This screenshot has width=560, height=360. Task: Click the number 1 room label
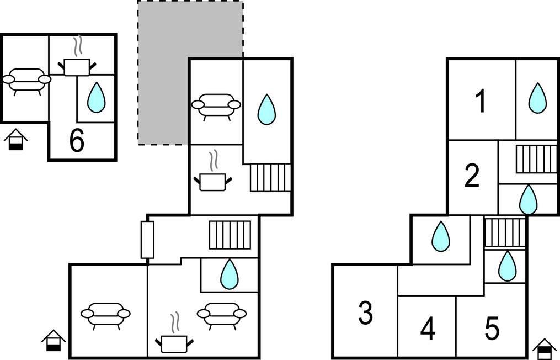tap(481, 102)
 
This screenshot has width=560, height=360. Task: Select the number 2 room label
tap(472, 177)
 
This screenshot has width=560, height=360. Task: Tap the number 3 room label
tap(365, 313)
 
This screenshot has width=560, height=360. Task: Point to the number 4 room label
tap(428, 329)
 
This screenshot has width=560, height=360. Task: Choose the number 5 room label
tap(492, 329)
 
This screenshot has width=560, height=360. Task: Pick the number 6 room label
tap(77, 141)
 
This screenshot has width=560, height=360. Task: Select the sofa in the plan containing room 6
tap(26, 81)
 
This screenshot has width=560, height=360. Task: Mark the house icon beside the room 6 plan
tap(16, 140)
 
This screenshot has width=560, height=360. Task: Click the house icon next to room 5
tap(545, 348)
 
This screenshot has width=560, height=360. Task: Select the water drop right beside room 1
tap(537, 98)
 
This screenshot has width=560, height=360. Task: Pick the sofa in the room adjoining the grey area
tap(216, 105)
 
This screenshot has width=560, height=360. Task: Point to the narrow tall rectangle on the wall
tap(147, 240)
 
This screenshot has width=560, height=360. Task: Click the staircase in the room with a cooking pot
tap(270, 177)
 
